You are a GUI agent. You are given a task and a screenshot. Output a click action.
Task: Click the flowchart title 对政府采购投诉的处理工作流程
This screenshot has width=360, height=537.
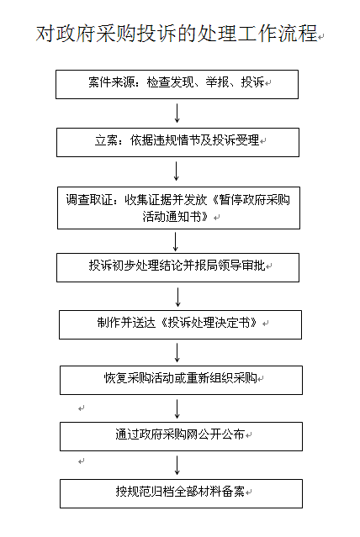[x=177, y=34]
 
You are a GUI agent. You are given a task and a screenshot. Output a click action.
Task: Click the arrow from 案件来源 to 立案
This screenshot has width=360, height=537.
[x=177, y=113]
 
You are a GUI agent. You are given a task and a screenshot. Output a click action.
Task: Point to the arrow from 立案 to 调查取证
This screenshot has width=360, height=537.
[x=177, y=171]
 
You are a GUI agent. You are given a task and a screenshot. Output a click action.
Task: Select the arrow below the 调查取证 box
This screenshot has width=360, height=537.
[x=176, y=242]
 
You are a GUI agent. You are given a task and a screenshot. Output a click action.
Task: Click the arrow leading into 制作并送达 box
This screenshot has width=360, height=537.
[x=178, y=297]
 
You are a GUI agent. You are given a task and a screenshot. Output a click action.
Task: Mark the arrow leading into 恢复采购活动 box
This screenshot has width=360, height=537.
[x=177, y=353]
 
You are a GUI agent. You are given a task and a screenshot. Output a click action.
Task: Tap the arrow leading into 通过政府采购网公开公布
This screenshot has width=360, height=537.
[x=177, y=409]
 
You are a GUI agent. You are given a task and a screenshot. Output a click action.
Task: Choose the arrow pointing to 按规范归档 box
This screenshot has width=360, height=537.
[x=177, y=465]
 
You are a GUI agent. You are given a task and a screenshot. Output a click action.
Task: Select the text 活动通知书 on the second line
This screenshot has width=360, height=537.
[x=172, y=217]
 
